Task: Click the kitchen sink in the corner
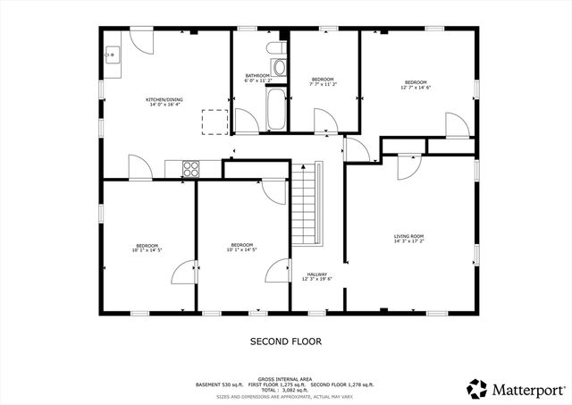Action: pos(112,55)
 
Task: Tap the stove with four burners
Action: pos(190,167)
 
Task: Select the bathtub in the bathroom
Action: pos(278,108)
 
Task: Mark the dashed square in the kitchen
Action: pos(214,122)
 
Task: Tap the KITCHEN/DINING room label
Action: pos(164,99)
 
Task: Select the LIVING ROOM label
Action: pos(408,236)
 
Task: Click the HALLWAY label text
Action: pos(317,274)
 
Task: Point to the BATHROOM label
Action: pos(258,75)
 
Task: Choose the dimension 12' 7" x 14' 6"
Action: pos(416,88)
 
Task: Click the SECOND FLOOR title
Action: pos(285,342)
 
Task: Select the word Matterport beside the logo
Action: pos(527,389)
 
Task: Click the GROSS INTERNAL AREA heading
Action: pos(285,378)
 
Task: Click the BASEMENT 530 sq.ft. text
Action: pos(219,384)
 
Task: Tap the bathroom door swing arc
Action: pos(244,119)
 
